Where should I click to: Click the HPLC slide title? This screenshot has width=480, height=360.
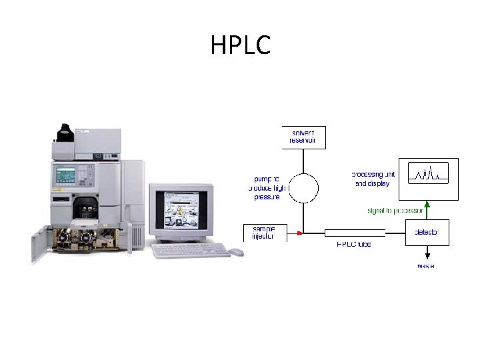[241, 46]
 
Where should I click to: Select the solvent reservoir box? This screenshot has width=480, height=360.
[303, 137]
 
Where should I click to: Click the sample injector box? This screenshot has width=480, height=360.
[264, 233]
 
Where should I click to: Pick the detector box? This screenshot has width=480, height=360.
[427, 232]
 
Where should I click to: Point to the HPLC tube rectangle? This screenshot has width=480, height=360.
[355, 233]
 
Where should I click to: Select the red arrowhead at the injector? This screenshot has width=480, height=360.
[300, 233]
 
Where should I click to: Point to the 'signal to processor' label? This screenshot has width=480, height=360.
[396, 210]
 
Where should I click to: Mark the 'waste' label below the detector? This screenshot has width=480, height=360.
[426, 266]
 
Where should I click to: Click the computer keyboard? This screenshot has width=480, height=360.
[191, 250]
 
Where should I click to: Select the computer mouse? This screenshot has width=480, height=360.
[236, 252]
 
